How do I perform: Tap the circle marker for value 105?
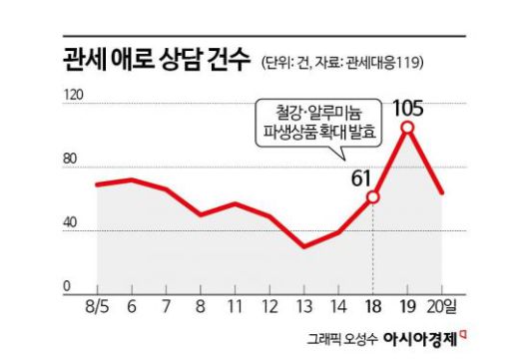pos(407,128)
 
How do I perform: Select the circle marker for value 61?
pos(372,197)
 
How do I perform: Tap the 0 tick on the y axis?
pos(68,286)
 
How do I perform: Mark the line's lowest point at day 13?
pos(303,246)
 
